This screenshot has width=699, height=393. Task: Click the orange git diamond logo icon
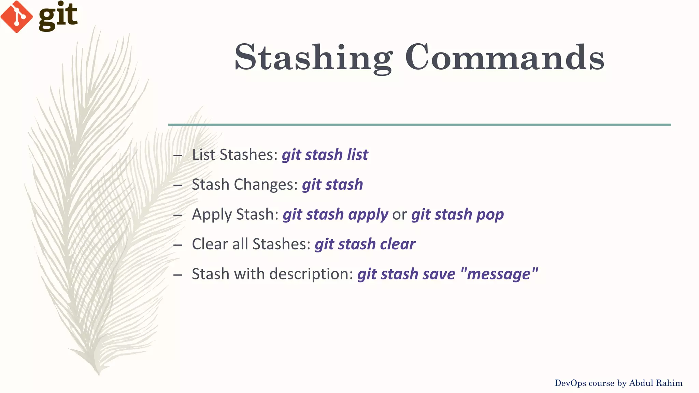16,16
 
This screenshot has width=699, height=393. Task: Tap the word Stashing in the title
313,57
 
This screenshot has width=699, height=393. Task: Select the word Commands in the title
504,57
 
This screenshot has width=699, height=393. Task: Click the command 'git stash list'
325,155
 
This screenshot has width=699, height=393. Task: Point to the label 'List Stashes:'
235,155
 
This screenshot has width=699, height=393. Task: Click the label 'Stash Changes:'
245,185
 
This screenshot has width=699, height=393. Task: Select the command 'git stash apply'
335,215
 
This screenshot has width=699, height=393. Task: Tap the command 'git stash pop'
457,215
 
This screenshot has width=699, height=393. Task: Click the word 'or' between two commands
399,215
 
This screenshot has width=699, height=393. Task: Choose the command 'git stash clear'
365,244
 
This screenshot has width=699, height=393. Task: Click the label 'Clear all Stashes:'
251,244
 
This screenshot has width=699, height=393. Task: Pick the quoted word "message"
499,274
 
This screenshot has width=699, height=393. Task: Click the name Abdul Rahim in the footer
655,383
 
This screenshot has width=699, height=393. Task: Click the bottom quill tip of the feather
98,373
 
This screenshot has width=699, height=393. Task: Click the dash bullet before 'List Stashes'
178,156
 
